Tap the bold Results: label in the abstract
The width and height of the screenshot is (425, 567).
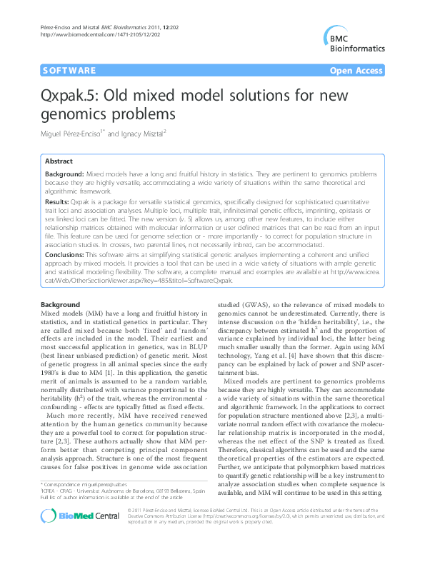tap(59, 203)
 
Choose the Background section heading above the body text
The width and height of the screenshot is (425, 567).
tap(61, 304)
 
